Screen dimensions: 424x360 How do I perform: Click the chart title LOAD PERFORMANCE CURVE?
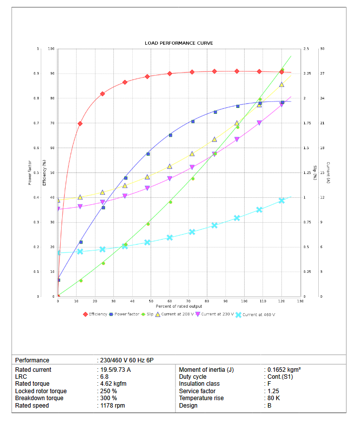[179, 43]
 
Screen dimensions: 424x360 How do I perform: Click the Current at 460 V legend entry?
[256, 314]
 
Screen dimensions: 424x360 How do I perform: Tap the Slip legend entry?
[148, 314]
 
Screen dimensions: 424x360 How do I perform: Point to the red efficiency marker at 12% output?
[80, 123]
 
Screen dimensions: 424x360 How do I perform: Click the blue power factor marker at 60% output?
[171, 135]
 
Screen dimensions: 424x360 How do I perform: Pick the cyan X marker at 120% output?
[281, 200]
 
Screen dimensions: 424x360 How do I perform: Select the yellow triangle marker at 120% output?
[281, 85]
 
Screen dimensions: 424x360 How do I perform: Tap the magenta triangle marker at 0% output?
[58, 209]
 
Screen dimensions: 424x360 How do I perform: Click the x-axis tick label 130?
[300, 301]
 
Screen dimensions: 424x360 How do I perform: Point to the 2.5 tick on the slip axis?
[306, 49]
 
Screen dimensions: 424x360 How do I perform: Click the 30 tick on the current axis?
[322, 49]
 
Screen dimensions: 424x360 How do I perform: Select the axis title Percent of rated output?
[179, 306]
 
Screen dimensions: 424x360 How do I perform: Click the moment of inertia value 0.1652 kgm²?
[284, 370]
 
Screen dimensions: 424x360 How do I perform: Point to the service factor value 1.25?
[273, 391]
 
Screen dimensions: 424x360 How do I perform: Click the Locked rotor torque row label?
[41, 391]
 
